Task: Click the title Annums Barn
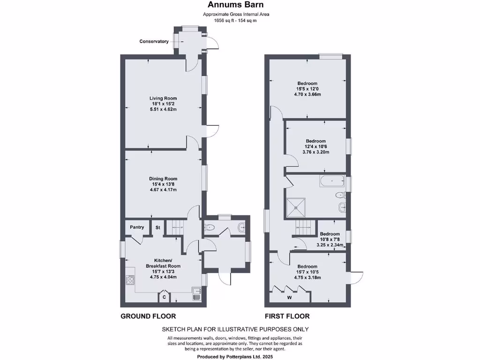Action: coord(236,5)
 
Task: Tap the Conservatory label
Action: coord(154,41)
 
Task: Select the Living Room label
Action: coord(164,98)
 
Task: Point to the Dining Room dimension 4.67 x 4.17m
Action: coord(163,190)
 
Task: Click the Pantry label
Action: coord(137,227)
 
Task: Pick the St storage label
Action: coord(158,227)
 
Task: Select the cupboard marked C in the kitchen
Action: coord(164,297)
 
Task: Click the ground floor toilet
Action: coord(209,228)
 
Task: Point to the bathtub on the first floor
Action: coord(332,180)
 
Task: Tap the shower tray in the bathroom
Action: coord(296,207)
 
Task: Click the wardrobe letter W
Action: coord(289,297)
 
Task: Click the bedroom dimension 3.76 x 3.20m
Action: coord(316,152)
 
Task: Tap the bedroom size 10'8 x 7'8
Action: coord(330,240)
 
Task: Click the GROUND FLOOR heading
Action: coord(148,316)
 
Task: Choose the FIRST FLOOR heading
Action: coord(287,316)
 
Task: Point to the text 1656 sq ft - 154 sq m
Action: coord(236,21)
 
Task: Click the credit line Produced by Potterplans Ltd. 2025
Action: coord(236,357)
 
